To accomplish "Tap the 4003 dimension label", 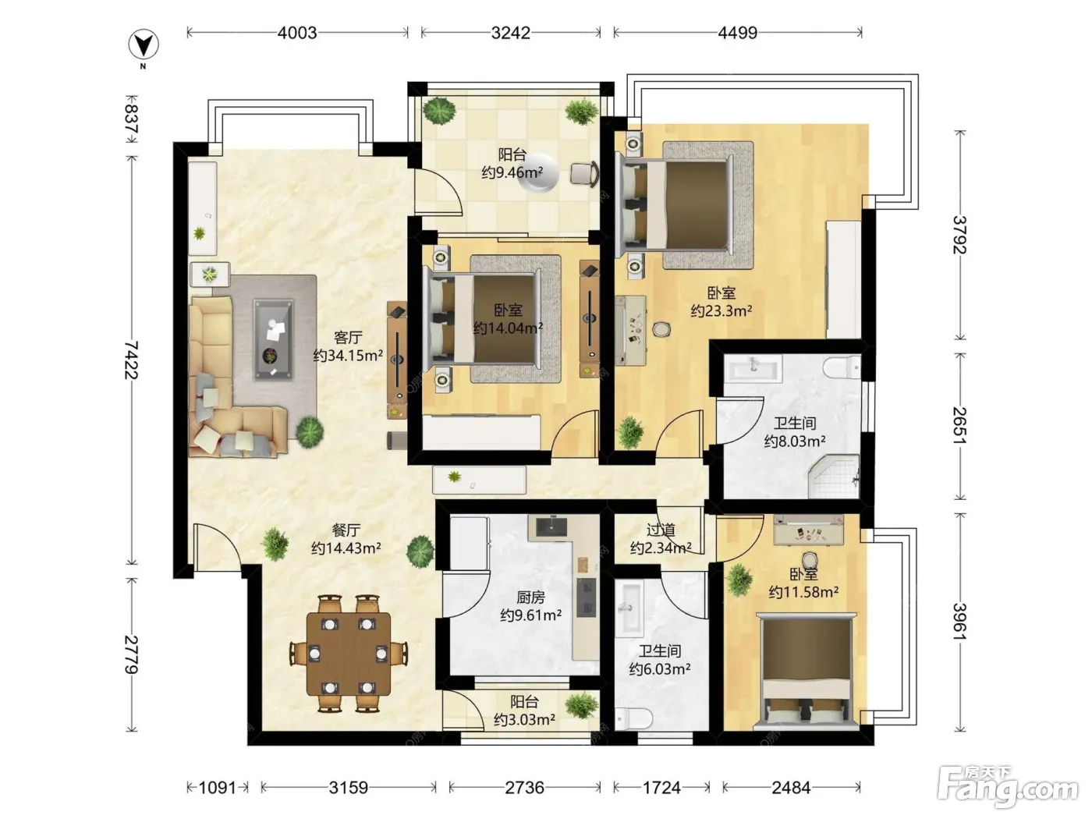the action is [x=297, y=33].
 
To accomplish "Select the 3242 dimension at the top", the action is [x=510, y=33].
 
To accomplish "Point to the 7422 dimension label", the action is [x=131, y=360].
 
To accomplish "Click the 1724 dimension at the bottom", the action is [x=661, y=787].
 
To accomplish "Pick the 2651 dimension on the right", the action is [x=959, y=426].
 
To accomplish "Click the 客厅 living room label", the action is [x=348, y=338].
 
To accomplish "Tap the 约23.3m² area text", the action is [x=721, y=310].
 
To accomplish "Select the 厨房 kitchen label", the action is [x=530, y=597].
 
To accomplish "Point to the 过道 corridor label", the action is [x=661, y=530].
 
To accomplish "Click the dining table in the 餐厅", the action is [x=348, y=654].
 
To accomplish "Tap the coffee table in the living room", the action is [x=273, y=339].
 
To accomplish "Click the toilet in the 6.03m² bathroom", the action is [x=633, y=718].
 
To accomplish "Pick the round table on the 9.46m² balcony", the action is [x=537, y=172].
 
